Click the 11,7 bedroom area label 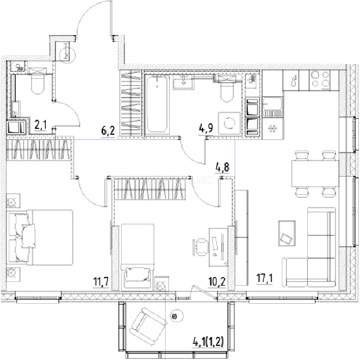[101, 284]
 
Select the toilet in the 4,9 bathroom [228, 90]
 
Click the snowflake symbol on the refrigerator [272, 128]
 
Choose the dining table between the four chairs [315, 173]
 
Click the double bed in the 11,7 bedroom [42, 237]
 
